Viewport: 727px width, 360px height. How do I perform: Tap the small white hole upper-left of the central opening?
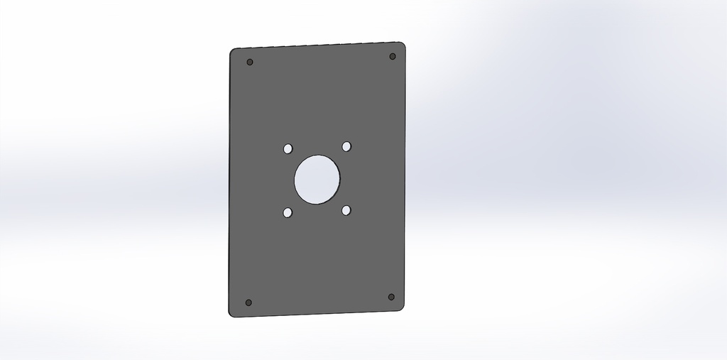[288, 149]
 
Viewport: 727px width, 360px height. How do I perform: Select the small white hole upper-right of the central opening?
[346, 146]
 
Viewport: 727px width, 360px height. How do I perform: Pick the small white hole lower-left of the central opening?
[288, 212]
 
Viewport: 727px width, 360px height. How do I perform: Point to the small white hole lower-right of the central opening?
[346, 210]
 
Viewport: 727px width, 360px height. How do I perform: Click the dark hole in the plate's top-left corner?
[250, 62]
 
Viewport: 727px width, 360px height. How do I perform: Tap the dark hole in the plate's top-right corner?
[393, 56]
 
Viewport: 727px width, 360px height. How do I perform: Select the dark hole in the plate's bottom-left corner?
[248, 302]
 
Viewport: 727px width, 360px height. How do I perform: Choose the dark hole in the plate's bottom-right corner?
[391, 297]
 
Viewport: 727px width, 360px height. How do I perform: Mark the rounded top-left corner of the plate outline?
[233, 52]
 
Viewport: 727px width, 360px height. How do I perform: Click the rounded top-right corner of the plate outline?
[403, 45]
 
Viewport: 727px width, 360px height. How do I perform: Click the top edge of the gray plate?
[317, 45]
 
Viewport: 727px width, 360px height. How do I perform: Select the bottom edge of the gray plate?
[317, 313]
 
